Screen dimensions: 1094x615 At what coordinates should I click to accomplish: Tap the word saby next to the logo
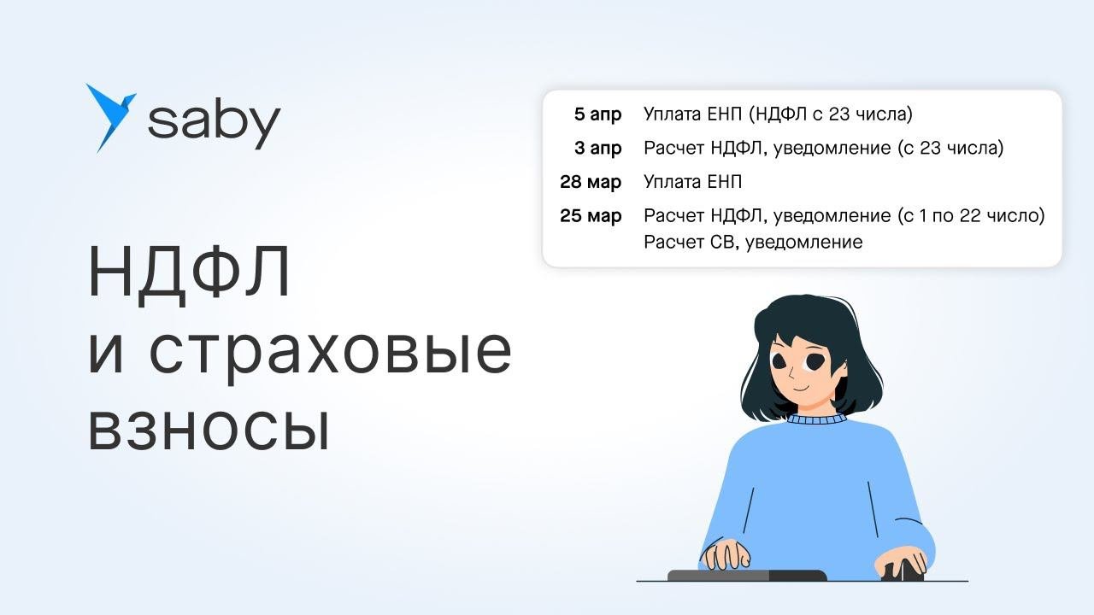pos(214,121)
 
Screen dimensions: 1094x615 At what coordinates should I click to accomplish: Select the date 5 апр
pos(597,114)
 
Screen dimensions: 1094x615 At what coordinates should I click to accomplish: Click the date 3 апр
pos(597,149)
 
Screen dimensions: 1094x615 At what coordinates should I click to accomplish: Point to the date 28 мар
pos(591,182)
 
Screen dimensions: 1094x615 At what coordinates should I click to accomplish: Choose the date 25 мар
pos(591,216)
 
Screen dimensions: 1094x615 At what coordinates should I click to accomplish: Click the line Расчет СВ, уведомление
pos(753,243)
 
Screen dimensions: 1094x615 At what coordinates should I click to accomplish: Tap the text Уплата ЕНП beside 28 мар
pos(692,182)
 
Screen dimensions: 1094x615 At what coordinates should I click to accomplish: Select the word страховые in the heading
pos(330,354)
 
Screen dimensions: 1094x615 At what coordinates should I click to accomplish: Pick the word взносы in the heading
pos(209,429)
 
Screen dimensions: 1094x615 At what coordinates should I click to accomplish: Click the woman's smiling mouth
pos(801,389)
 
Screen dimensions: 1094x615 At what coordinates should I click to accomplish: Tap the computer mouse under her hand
pos(903,571)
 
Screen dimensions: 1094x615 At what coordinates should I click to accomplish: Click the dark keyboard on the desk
pos(747,576)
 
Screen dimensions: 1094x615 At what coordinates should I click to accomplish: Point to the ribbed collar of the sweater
pos(816,419)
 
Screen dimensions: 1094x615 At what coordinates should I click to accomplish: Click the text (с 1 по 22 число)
pos(972,216)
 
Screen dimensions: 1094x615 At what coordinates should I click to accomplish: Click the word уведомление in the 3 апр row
pos(832,149)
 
